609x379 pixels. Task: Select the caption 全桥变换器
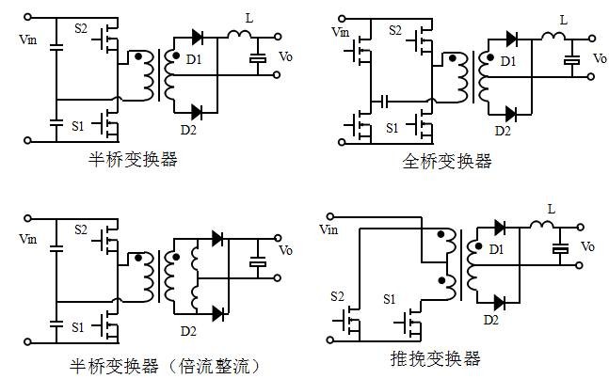[447, 161]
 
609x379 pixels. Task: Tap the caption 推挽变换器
[435, 358]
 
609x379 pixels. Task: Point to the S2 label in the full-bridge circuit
[394, 31]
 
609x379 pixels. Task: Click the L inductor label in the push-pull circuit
[551, 208]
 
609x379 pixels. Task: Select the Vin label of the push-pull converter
[329, 229]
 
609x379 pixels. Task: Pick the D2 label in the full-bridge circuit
[503, 131]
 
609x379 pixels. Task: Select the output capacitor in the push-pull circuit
[562, 250]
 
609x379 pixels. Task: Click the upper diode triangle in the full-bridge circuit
[511, 39]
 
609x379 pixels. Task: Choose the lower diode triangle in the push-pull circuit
[498, 302]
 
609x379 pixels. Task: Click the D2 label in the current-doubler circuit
[188, 331]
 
